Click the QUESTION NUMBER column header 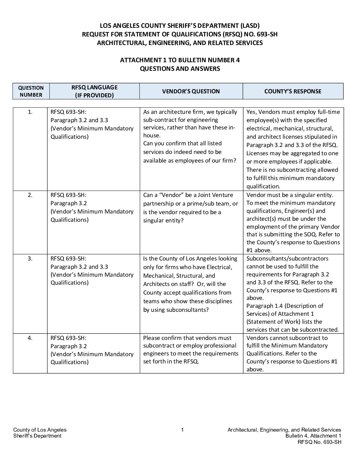(x=31, y=91)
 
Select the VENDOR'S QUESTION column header (x=191, y=91)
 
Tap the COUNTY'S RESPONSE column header (x=293, y=91)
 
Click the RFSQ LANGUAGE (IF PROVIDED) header (x=94, y=91)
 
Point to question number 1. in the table (x=30, y=112)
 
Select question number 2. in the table (x=30, y=195)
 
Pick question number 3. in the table (x=30, y=258)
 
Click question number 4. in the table (x=30, y=338)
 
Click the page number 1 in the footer (x=182, y=430)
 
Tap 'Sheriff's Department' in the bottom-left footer (x=37, y=436)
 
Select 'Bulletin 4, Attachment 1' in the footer (x=313, y=436)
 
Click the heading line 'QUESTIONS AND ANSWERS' (x=180, y=69)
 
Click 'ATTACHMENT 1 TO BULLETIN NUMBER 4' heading (x=180, y=60)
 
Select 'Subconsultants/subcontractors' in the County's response (x=287, y=258)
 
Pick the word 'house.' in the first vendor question (x=152, y=135)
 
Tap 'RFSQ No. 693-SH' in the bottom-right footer (x=319, y=442)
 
